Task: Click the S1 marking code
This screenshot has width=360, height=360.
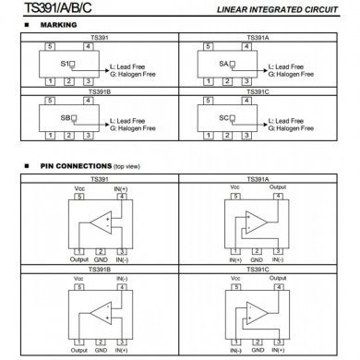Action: [65, 65]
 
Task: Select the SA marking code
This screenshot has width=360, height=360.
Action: [223, 65]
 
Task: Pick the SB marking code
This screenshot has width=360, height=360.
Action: [65, 120]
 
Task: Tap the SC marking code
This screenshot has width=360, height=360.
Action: [223, 120]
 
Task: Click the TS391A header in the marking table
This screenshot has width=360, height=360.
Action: [259, 39]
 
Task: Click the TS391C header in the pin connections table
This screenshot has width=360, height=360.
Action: [259, 269]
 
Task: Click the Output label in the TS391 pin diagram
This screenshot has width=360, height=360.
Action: [79, 258]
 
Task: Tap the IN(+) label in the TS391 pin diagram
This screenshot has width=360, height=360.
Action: [120, 187]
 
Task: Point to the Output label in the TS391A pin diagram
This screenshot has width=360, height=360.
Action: [278, 187]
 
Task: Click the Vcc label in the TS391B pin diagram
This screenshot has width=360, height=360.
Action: [79, 276]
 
